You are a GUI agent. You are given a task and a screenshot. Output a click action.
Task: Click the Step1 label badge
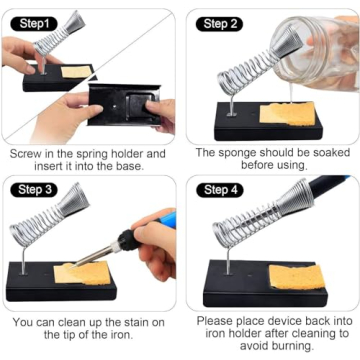pyautogui.click(x=31, y=22)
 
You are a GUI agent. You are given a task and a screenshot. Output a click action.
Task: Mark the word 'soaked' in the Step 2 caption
pyautogui.click(x=321, y=154)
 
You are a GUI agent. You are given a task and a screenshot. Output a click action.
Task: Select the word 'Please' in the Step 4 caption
pyautogui.click(x=217, y=322)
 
